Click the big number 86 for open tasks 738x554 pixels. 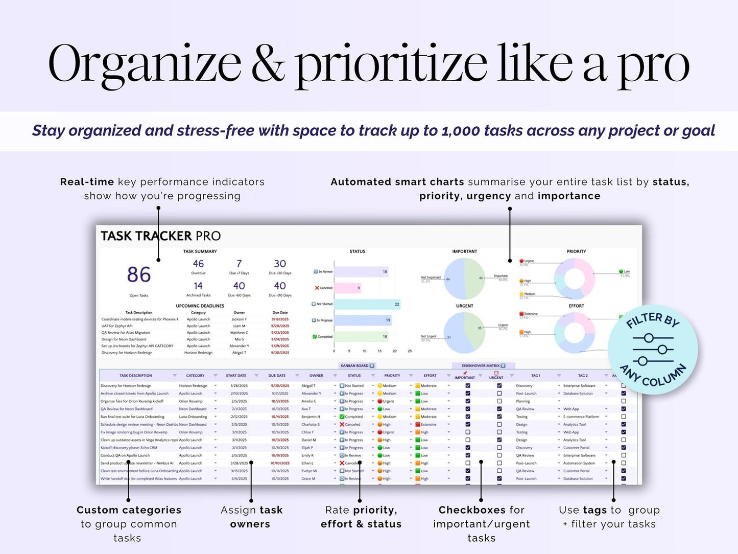[138, 275]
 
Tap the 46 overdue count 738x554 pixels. [198, 264]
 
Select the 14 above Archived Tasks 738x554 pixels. [198, 286]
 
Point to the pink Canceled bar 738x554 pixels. [347, 288]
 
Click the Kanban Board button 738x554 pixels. [357, 365]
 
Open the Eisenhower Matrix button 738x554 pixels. [483, 365]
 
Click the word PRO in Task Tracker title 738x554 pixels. [208, 236]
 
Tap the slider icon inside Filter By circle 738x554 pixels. [653, 350]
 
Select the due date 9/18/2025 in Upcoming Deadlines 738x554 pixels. [280, 319]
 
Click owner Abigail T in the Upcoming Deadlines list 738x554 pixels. [239, 353]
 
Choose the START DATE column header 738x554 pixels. [236, 376]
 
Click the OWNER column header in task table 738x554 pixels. [316, 376]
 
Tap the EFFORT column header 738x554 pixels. [430, 376]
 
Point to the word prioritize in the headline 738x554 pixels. [391, 64]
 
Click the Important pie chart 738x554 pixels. [464, 279]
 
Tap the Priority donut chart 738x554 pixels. [575, 279]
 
